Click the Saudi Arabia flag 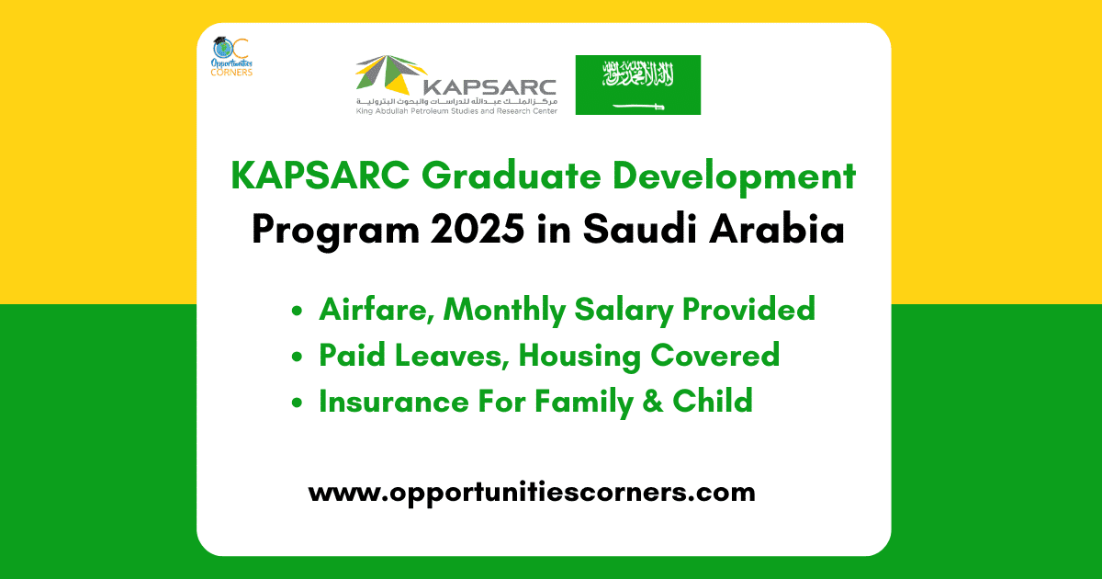[637, 85]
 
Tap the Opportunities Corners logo [231, 56]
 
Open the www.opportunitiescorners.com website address [532, 492]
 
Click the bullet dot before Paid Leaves [297, 357]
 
